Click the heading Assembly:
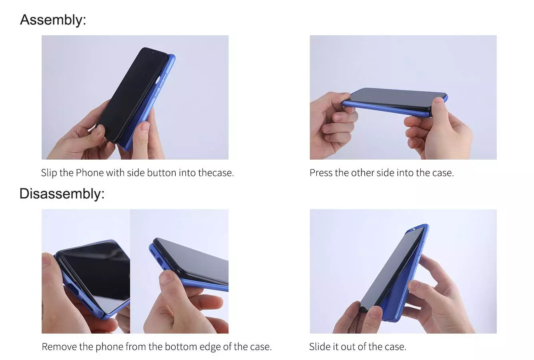53,20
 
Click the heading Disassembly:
62,194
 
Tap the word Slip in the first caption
49,173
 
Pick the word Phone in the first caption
90,173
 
